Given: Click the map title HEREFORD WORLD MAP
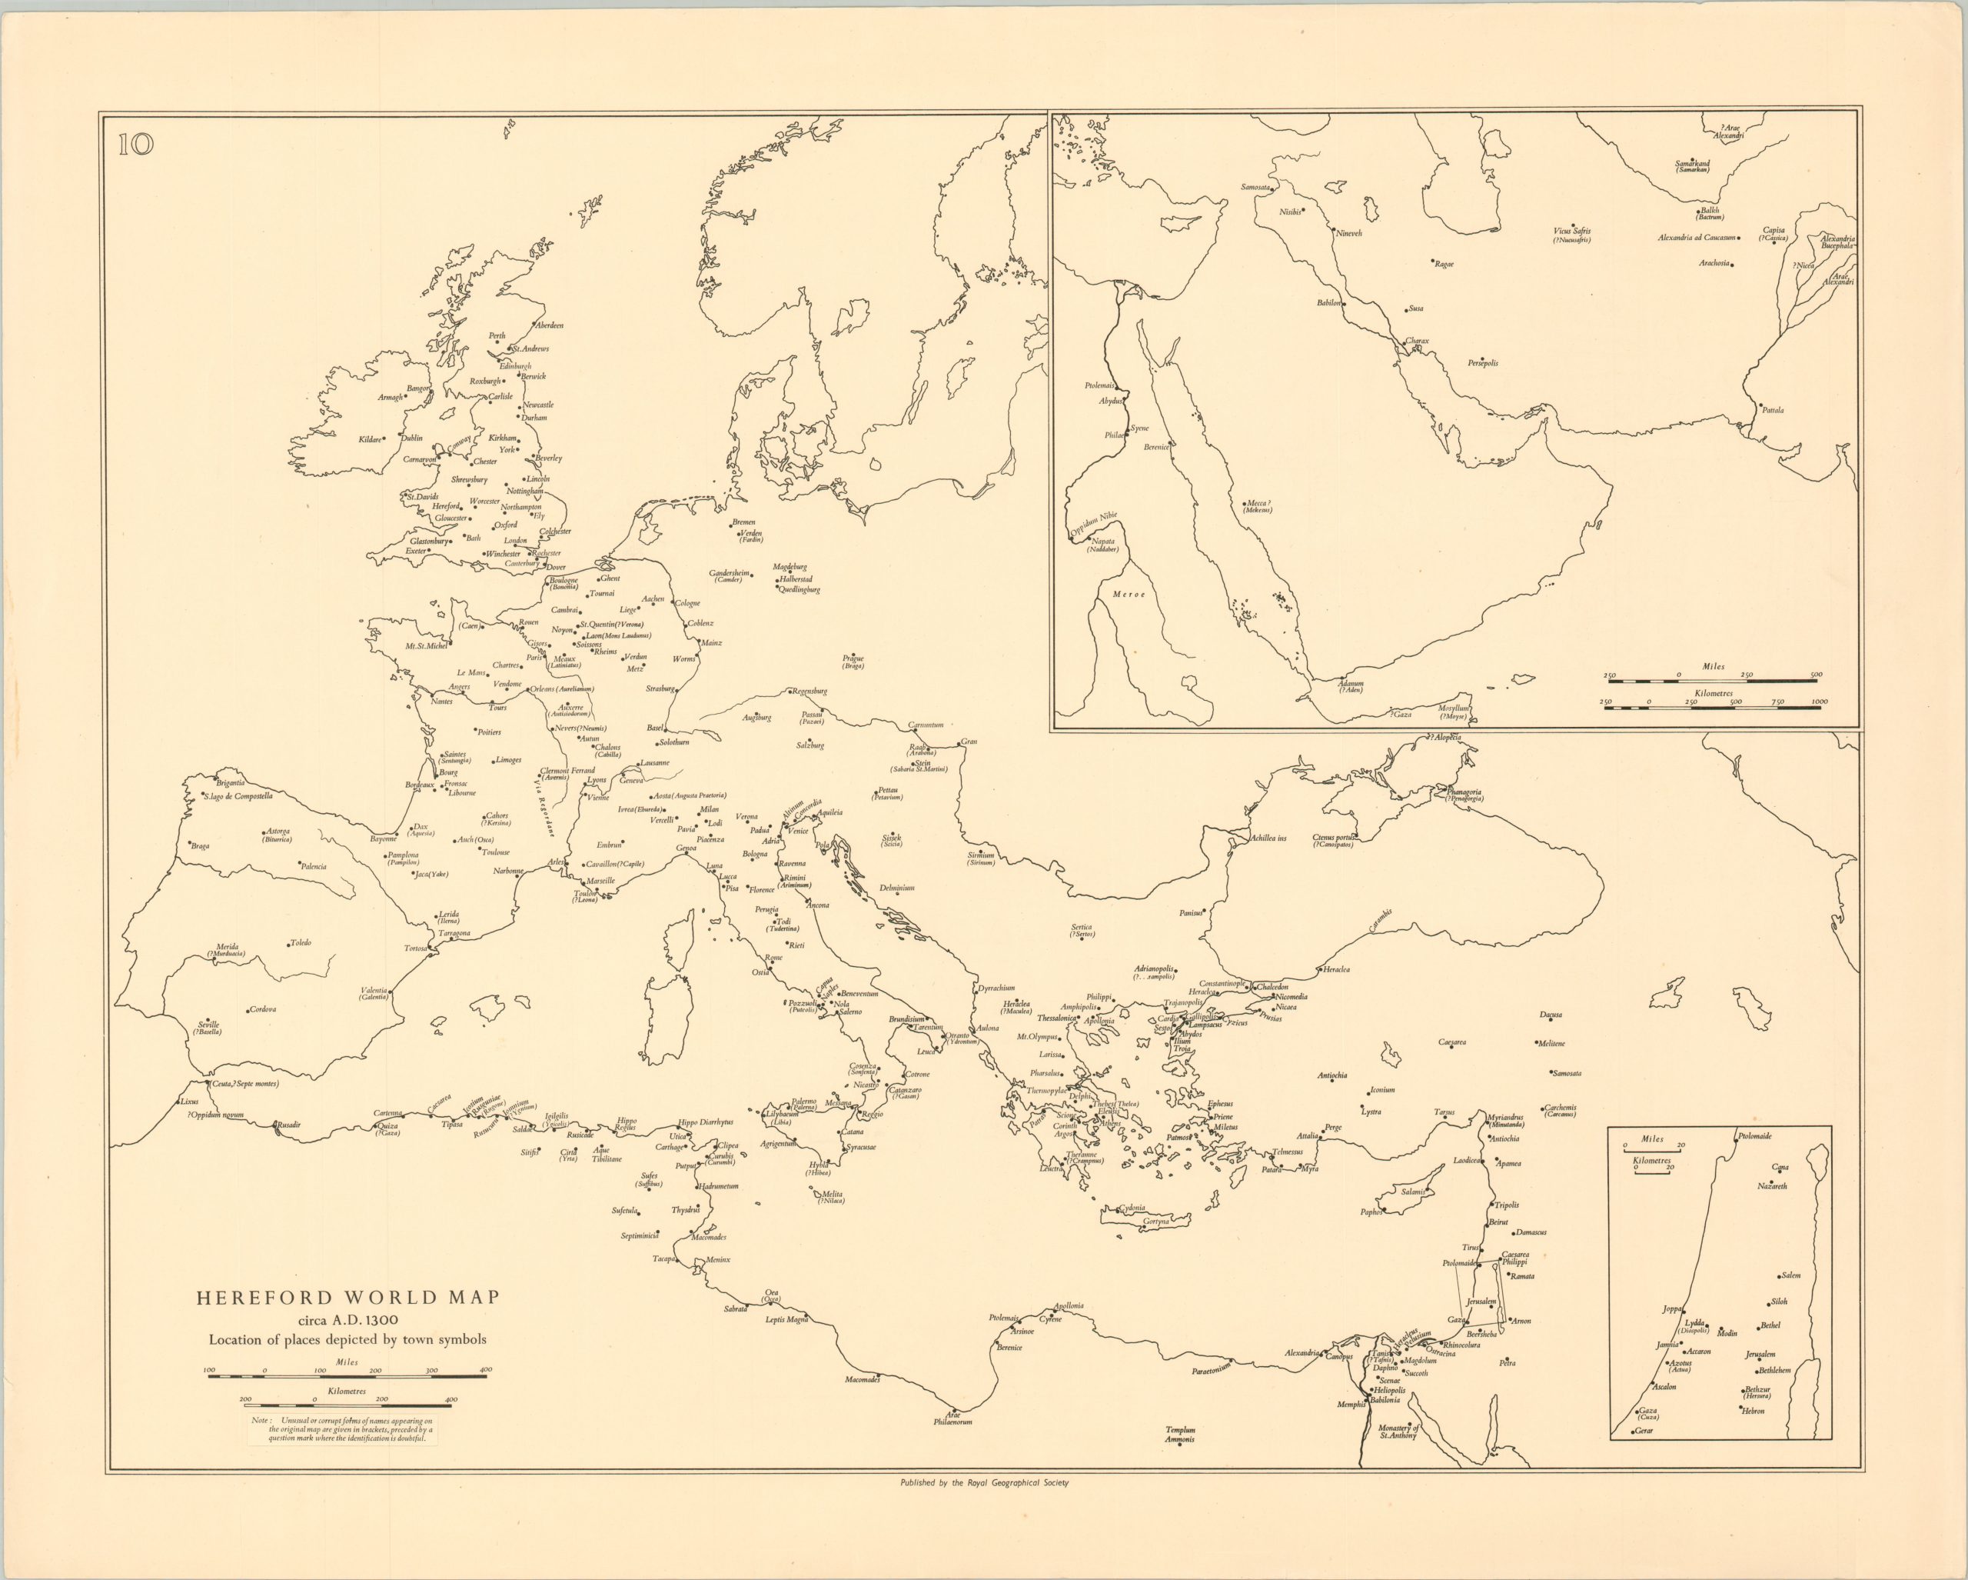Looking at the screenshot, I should pyautogui.click(x=347, y=1298).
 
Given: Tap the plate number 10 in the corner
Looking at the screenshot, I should pyautogui.click(x=136, y=145).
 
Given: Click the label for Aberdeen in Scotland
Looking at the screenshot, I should pyautogui.click(x=550, y=325).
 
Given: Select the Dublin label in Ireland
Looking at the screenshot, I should pyautogui.click(x=412, y=438).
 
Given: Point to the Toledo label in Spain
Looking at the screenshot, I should pyautogui.click(x=301, y=942).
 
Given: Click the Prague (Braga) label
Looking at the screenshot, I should pyautogui.click(x=853, y=662).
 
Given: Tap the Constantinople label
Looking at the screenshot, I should pyautogui.click(x=1222, y=984).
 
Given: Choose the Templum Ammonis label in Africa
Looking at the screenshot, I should pyautogui.click(x=1179, y=1435).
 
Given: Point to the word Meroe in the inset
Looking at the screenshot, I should pyautogui.click(x=1129, y=595).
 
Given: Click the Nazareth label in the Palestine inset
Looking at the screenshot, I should pyautogui.click(x=1772, y=1186).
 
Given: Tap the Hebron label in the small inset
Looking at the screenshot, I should pyautogui.click(x=1753, y=1411).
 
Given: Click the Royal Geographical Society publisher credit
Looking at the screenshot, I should pyautogui.click(x=984, y=1483).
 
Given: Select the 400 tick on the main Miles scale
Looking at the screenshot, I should pyautogui.click(x=486, y=1369).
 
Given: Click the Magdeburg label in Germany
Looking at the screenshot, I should pyautogui.click(x=789, y=567).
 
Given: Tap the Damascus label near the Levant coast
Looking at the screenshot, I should pyautogui.click(x=1531, y=1232).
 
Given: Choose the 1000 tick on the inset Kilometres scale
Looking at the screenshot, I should pyautogui.click(x=1819, y=702).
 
